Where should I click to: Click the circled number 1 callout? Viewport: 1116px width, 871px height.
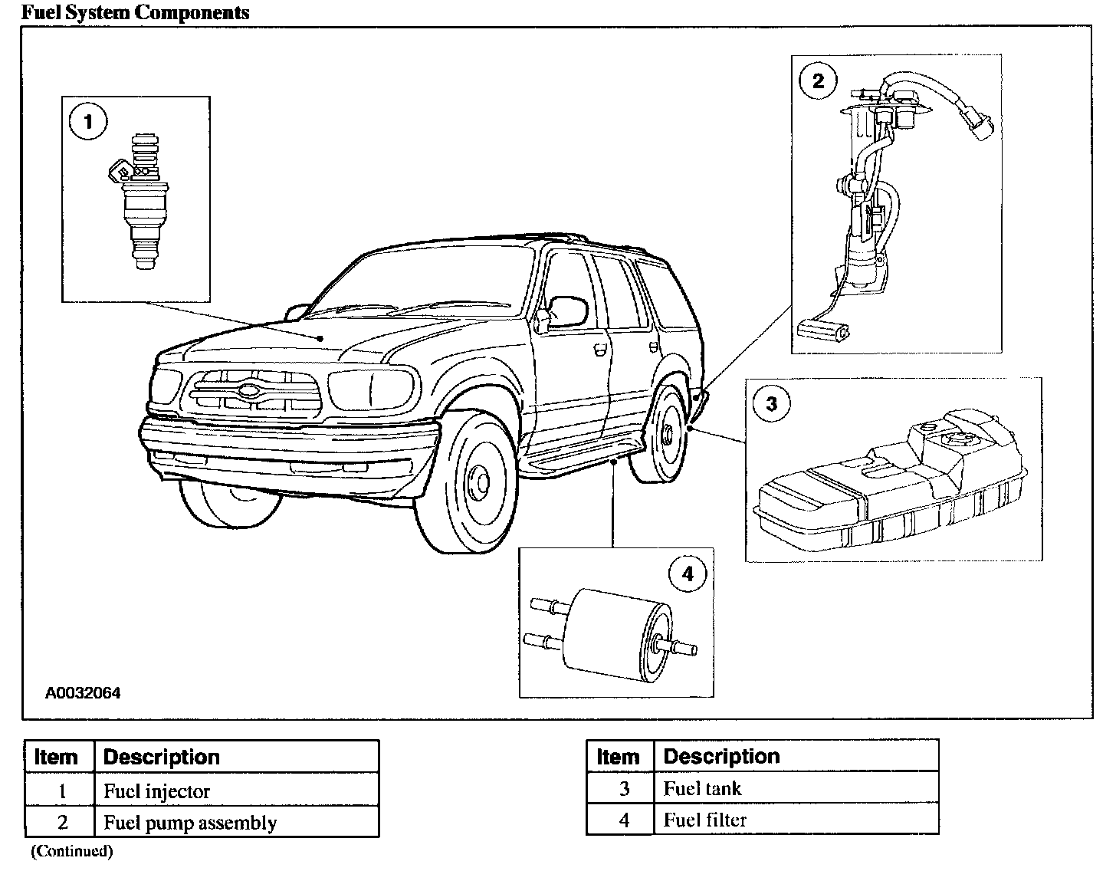(x=88, y=122)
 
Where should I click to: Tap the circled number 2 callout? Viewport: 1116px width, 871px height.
(x=818, y=81)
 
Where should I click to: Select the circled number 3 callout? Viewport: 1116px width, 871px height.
(x=771, y=404)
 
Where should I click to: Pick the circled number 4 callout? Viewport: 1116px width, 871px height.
(x=687, y=574)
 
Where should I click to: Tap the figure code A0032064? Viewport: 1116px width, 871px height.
(x=83, y=693)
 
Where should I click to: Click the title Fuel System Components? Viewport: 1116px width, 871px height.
(x=135, y=12)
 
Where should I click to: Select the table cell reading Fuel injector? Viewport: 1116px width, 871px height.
(x=157, y=791)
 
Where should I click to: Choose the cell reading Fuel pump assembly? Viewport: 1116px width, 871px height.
(x=190, y=823)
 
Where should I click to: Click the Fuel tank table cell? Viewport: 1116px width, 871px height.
(x=702, y=788)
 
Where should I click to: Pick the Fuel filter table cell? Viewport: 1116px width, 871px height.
(x=705, y=820)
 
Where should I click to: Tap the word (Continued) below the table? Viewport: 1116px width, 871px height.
(x=71, y=850)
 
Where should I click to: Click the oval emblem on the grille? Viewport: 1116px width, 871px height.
(x=251, y=389)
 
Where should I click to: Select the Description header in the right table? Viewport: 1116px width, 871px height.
(x=721, y=757)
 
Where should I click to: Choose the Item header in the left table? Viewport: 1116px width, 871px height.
(x=56, y=758)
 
